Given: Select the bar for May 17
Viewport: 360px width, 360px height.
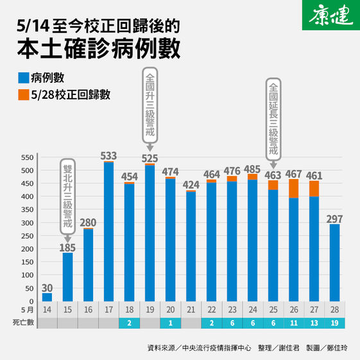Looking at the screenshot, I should click(x=108, y=231).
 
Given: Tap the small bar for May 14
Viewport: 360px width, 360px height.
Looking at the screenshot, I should click(x=47, y=296).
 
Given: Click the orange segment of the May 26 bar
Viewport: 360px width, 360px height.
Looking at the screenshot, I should click(x=293, y=188).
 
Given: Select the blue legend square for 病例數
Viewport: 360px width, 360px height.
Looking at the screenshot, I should click(x=23, y=78).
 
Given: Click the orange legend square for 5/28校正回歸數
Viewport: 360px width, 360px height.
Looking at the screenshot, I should click(x=23, y=95).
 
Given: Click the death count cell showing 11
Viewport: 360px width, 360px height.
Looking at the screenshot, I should click(x=293, y=322).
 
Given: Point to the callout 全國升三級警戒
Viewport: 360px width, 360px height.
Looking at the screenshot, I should click(x=150, y=102).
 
